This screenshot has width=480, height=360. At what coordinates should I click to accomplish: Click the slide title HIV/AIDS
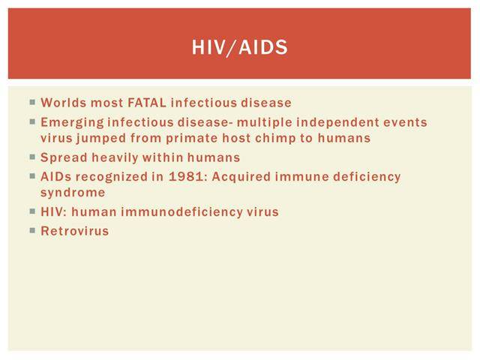tap(240, 47)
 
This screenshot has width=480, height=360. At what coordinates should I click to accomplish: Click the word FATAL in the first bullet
tap(147, 103)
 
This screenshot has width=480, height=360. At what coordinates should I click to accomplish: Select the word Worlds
tap(64, 103)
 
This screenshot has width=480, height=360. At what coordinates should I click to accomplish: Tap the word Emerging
tap(72, 123)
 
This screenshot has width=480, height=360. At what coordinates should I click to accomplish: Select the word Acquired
tap(241, 177)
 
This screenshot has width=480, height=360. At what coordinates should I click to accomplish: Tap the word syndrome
tap(73, 193)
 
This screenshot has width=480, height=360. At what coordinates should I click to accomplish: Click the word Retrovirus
tap(75, 231)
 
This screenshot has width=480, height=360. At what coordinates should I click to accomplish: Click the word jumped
tap(101, 139)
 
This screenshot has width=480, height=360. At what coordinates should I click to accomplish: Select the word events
tap(405, 122)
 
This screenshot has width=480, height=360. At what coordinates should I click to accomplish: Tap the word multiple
tap(265, 122)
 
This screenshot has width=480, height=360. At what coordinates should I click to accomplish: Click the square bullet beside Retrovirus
tap(32, 230)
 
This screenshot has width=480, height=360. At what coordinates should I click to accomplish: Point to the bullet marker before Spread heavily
tap(32, 157)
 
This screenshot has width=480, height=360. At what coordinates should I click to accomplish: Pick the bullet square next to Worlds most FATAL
tap(32, 102)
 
